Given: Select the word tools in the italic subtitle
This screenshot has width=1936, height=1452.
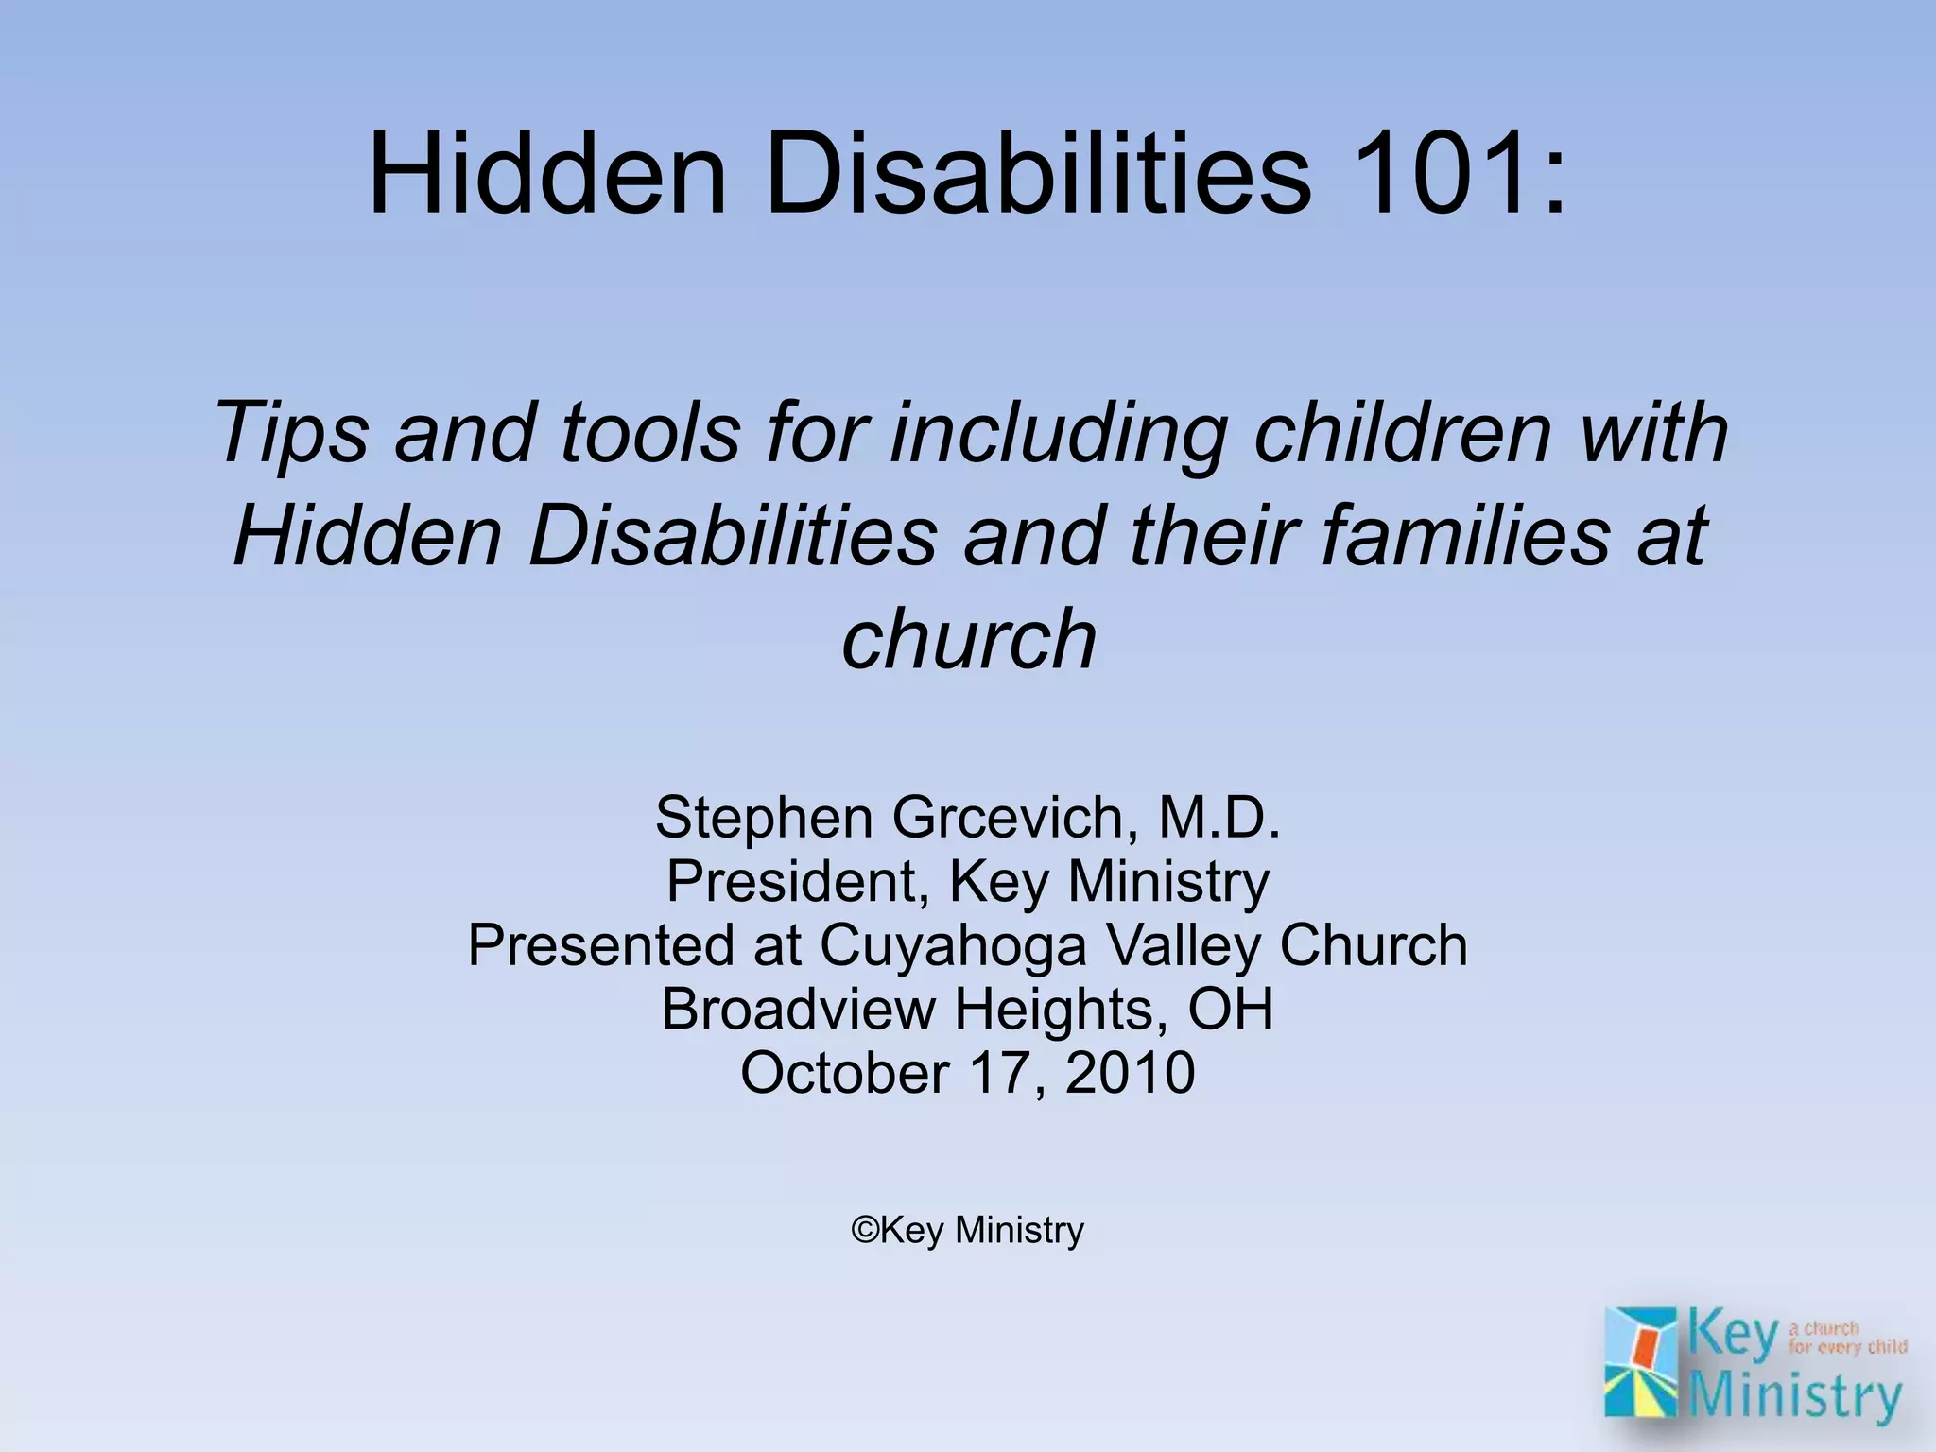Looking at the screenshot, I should click(x=650, y=432).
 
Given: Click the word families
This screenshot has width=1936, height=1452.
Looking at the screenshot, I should click(x=1464, y=535).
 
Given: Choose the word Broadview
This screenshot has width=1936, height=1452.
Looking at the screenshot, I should click(x=797, y=1009).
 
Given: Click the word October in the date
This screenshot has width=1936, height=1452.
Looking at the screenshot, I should click(x=844, y=1073).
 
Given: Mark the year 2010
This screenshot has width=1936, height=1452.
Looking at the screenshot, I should click(x=1130, y=1073).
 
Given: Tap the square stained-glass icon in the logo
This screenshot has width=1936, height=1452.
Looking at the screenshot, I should click(x=1641, y=1361).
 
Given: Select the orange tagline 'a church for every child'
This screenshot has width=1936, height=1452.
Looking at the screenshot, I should click(x=1846, y=1338).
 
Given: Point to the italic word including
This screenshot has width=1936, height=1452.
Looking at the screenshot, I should click(x=1060, y=432).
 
